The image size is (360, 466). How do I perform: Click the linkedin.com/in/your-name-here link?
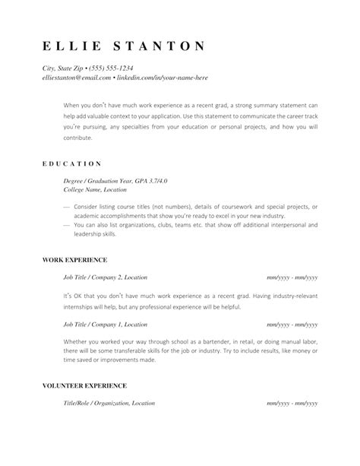coord(162,78)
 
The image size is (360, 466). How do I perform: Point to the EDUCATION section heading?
coord(71,163)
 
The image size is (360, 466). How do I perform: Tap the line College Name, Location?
coord(100,190)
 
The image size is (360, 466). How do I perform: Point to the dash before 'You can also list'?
coord(67,226)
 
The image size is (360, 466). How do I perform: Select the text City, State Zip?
coord(64,68)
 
